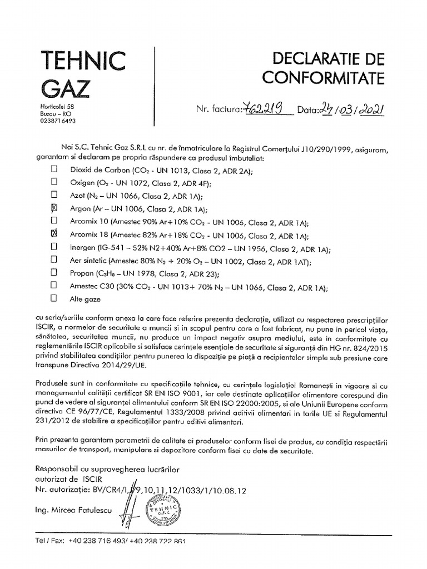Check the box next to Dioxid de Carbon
click(54, 168)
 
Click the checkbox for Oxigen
click(54, 182)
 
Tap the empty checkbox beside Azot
click(54, 195)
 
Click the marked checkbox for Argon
click(54, 208)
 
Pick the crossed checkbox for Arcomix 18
click(54, 234)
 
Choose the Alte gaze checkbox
click(54, 298)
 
